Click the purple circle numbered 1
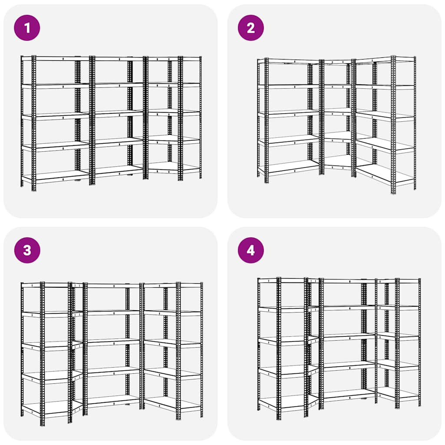pos(27,28)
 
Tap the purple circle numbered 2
pos(251,28)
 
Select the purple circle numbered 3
pos(27,250)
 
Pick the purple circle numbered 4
pos(251,250)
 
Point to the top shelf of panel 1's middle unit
pos(119,59)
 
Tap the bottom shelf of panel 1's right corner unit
pos(173,167)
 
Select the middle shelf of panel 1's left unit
pos(56,116)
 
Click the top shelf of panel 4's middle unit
pos(349,281)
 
